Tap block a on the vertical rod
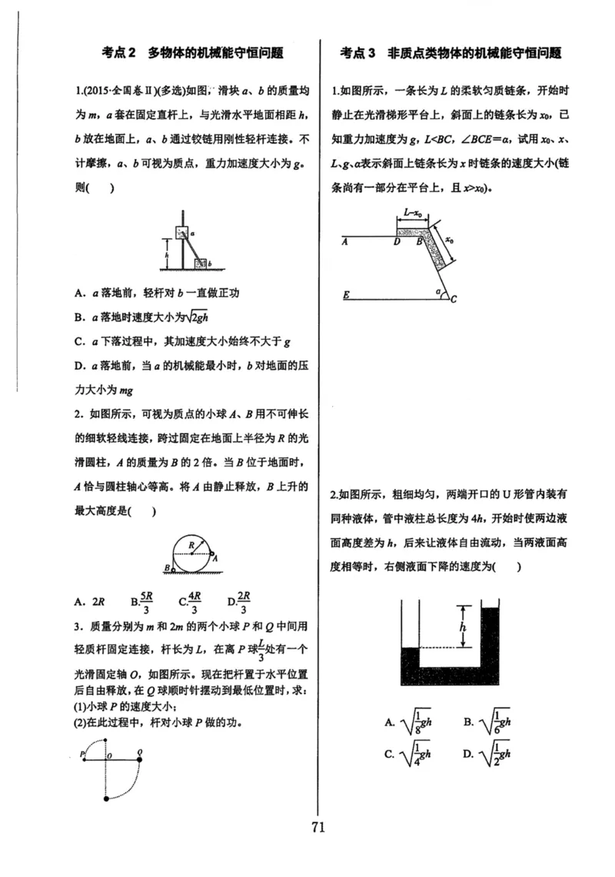[x=181, y=231]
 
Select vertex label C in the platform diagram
[x=454, y=299]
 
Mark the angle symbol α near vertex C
[x=438, y=292]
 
